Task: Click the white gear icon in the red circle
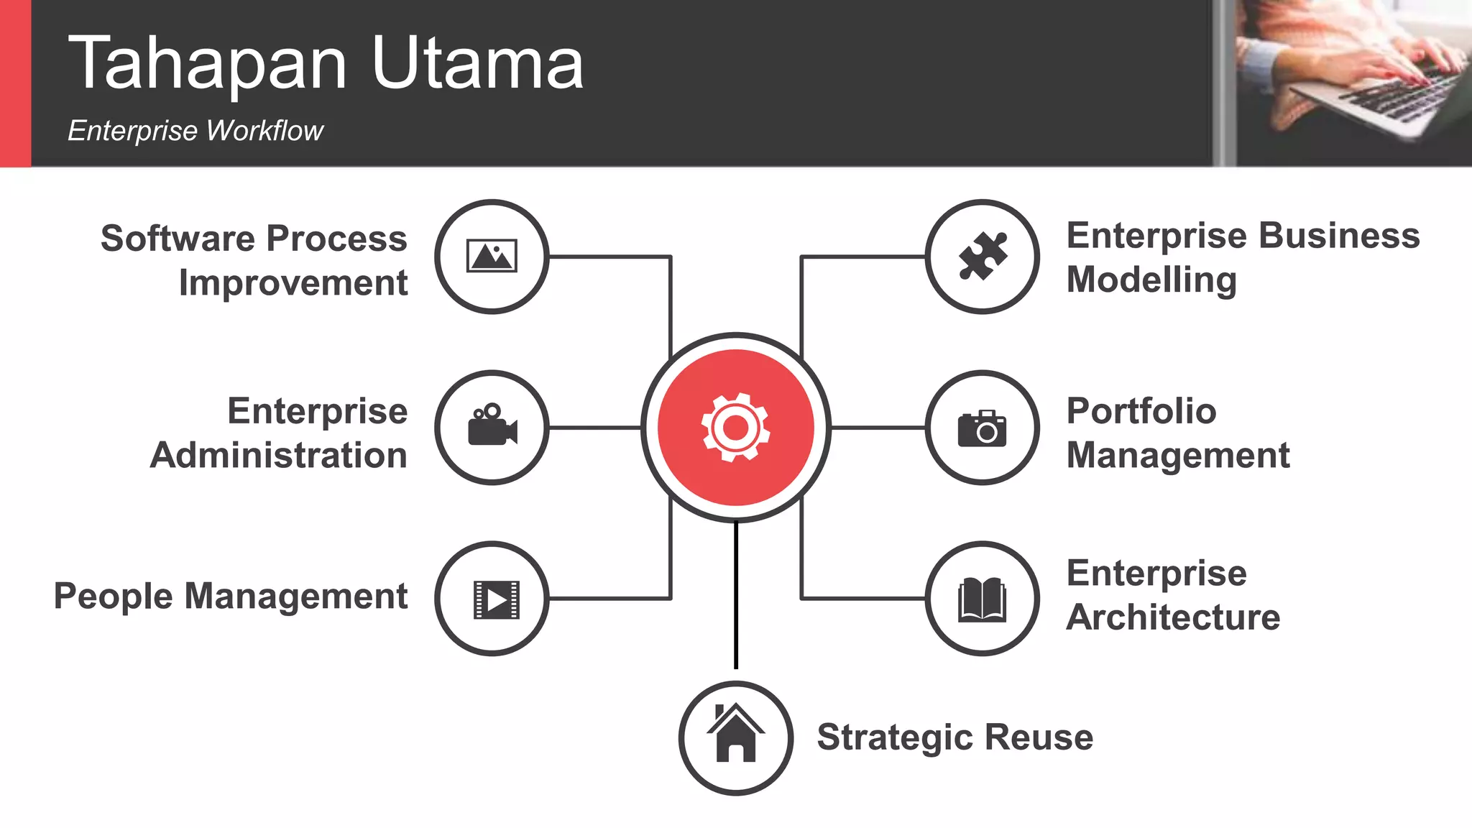tap(735, 428)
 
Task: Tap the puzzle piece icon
tap(983, 256)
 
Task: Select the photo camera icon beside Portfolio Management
tap(982, 429)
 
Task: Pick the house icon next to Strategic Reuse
tap(735, 734)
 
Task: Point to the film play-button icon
tap(496, 599)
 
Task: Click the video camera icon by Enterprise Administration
tap(492, 425)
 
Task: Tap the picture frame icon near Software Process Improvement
tap(492, 256)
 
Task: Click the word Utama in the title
tap(477, 65)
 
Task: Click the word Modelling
tap(1151, 280)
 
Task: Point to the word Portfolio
tap(1141, 411)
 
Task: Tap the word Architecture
tap(1173, 617)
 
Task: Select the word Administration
tap(279, 456)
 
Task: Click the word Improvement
tap(293, 282)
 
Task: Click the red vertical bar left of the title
tap(15, 83)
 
